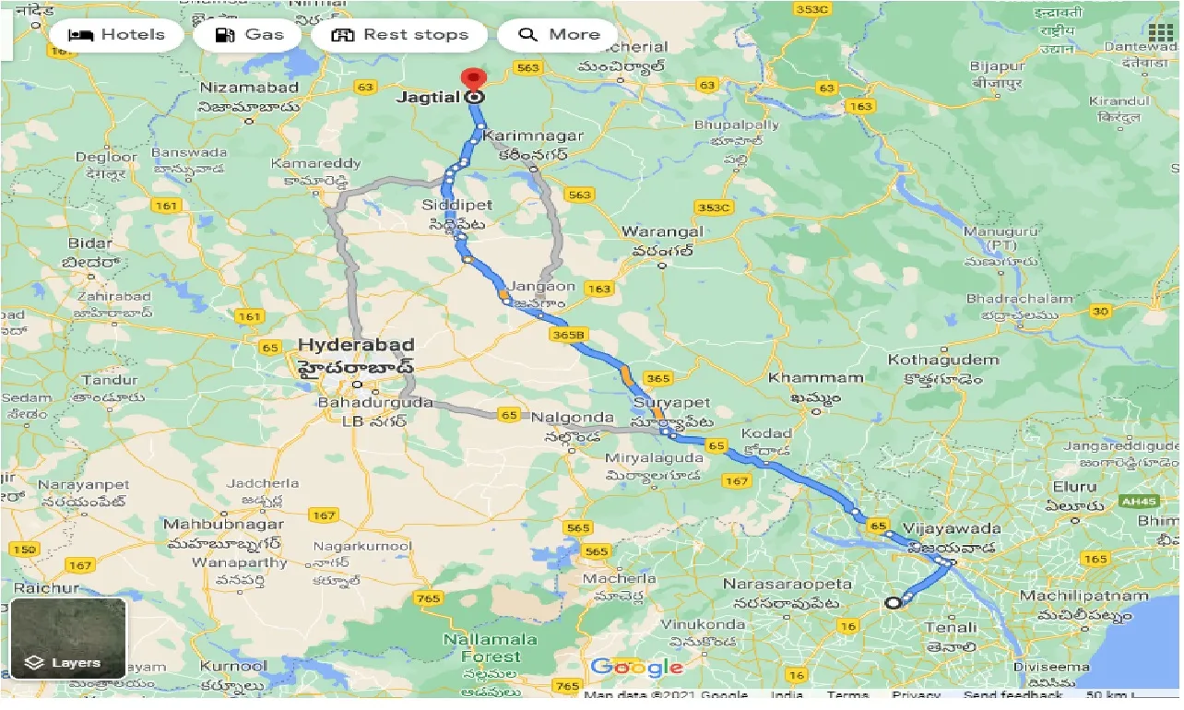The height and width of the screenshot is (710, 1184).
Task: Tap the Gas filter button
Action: pyautogui.click(x=248, y=35)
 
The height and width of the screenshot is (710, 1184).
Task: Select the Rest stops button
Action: pyautogui.click(x=399, y=35)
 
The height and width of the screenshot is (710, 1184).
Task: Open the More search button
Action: pyautogui.click(x=558, y=35)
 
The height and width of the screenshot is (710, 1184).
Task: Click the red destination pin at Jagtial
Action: pyautogui.click(x=474, y=81)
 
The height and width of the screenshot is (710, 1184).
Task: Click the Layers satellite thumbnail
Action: pyautogui.click(x=68, y=638)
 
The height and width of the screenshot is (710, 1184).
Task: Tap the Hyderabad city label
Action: pyautogui.click(x=355, y=345)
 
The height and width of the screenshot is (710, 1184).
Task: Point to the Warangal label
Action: pyautogui.click(x=662, y=231)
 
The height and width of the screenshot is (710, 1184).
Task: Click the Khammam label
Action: pyautogui.click(x=802, y=377)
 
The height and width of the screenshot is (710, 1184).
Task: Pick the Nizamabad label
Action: pyautogui.click(x=249, y=88)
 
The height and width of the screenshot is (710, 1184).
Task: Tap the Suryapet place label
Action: pyautogui.click(x=670, y=403)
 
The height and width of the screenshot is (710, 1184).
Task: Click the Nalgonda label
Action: pyautogui.click(x=572, y=418)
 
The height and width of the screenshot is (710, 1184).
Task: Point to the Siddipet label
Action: pyautogui.click(x=456, y=205)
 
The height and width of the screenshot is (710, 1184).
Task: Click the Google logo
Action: pyautogui.click(x=636, y=667)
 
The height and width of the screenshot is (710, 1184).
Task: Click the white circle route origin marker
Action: pyautogui.click(x=892, y=603)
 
